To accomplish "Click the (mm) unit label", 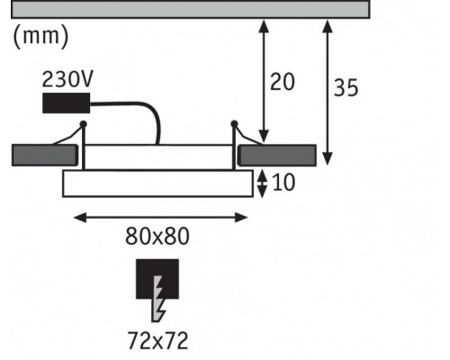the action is [41, 36].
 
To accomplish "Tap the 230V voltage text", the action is [67, 79].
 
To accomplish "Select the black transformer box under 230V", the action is [67, 103].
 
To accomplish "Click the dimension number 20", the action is [283, 82].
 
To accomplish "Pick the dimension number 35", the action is [346, 88].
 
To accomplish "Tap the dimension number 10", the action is [283, 183].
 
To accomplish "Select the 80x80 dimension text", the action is [157, 237].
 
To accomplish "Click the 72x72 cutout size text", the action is [157, 340].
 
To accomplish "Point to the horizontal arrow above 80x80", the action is [160, 218].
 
